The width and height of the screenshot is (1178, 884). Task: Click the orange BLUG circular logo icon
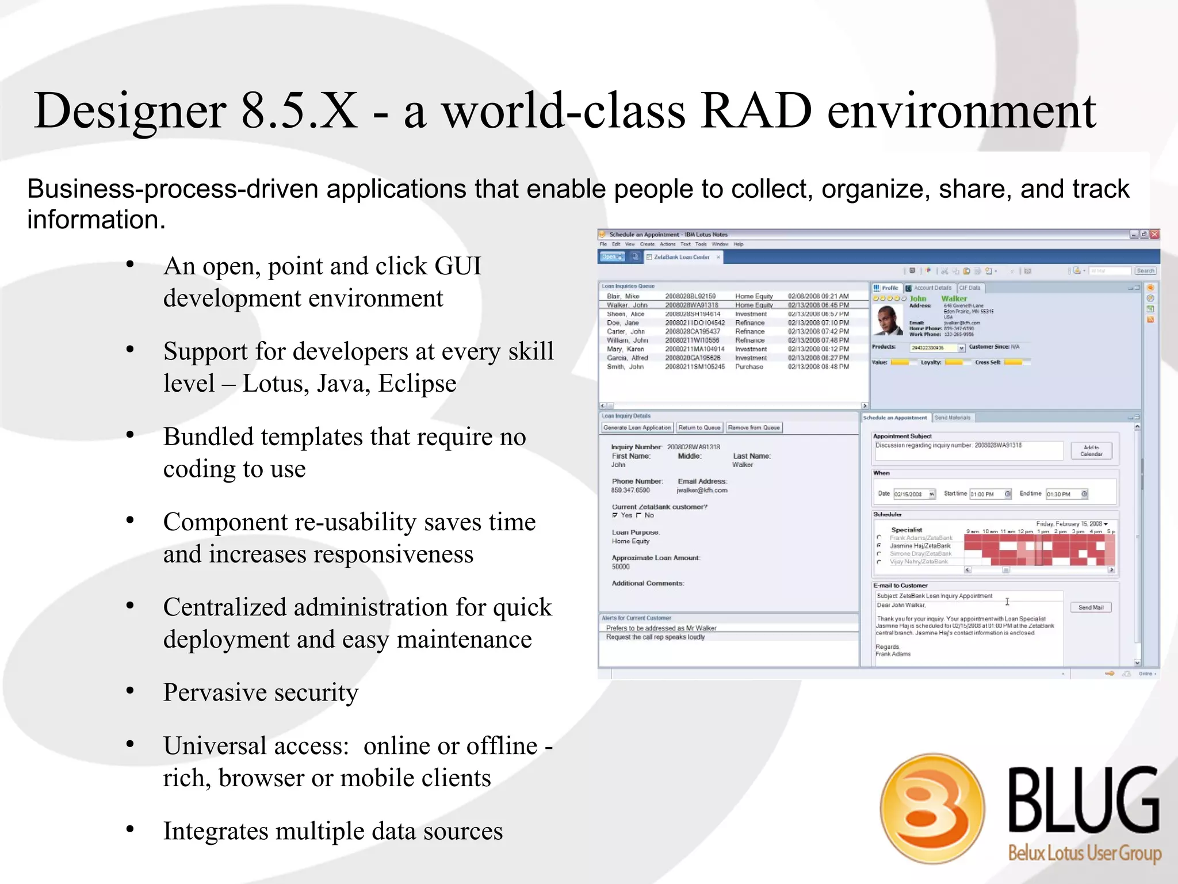(932, 808)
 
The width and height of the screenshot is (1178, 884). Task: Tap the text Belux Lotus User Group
(1084, 852)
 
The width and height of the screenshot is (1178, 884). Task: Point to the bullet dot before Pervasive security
(131, 691)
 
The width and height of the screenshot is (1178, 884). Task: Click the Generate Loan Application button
(637, 427)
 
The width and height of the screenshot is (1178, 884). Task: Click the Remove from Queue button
(754, 427)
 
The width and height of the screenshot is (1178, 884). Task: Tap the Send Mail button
(1091, 607)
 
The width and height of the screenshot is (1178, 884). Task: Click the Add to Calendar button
(1091, 450)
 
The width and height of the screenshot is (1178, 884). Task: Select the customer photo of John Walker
(888, 320)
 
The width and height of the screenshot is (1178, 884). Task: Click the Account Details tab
(932, 288)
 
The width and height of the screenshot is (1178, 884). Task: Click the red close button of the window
(1154, 234)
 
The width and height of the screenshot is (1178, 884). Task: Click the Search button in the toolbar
(1145, 270)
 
